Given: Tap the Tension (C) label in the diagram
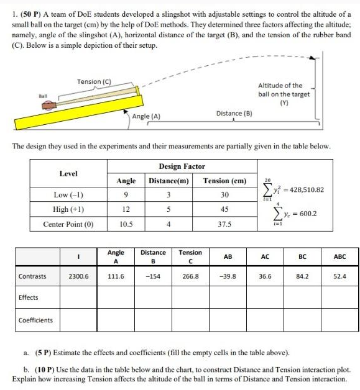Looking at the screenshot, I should (94, 81).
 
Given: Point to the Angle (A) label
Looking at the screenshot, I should (146, 116).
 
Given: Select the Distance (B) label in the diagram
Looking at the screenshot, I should (234, 114).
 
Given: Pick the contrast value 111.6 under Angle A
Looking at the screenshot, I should (116, 274).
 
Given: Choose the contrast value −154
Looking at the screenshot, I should (153, 274).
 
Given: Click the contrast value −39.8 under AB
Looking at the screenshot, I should (228, 274).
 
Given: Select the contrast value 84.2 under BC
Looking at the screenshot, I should (302, 274).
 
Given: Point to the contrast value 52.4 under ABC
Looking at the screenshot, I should (339, 274).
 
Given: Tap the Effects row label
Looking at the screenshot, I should (29, 297).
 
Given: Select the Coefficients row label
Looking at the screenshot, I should (35, 320).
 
